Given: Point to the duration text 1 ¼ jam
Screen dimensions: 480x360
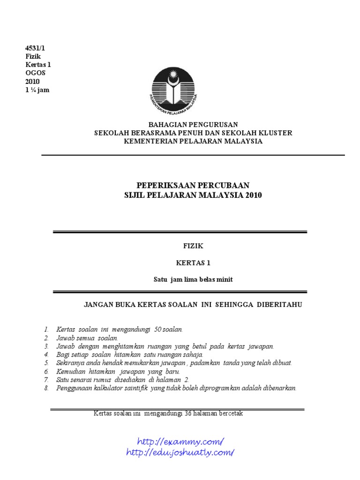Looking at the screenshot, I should [x=37, y=90].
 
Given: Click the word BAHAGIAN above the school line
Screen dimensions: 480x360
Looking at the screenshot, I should [x=166, y=125].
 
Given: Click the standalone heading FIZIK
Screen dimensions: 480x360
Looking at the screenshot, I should [x=193, y=245].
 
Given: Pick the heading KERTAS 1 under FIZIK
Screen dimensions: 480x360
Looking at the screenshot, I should [x=193, y=263].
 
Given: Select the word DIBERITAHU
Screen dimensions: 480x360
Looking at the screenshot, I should [x=279, y=305].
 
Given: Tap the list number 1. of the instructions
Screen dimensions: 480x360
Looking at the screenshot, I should [x=46, y=330].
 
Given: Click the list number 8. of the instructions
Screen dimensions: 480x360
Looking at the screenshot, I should [x=46, y=388].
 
